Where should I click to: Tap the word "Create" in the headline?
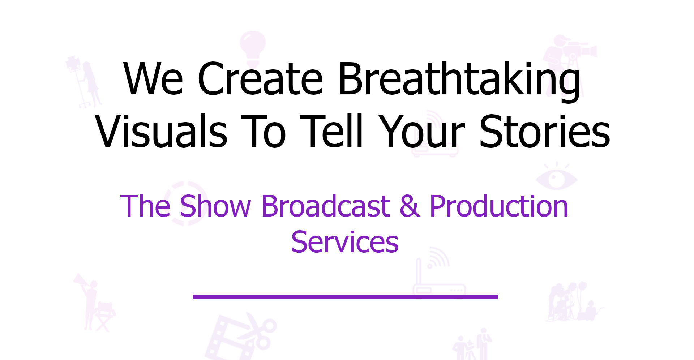click(260, 79)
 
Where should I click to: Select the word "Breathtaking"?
click(459, 81)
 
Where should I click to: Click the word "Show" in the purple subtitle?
click(215, 206)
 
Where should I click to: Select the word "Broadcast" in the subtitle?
click(326, 206)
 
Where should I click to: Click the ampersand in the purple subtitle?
click(410, 206)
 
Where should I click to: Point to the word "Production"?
click(499, 206)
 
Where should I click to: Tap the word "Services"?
click(345, 242)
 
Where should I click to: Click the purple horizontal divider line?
click(345, 297)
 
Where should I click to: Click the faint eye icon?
click(556, 177)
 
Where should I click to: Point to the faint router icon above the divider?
click(438, 275)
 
